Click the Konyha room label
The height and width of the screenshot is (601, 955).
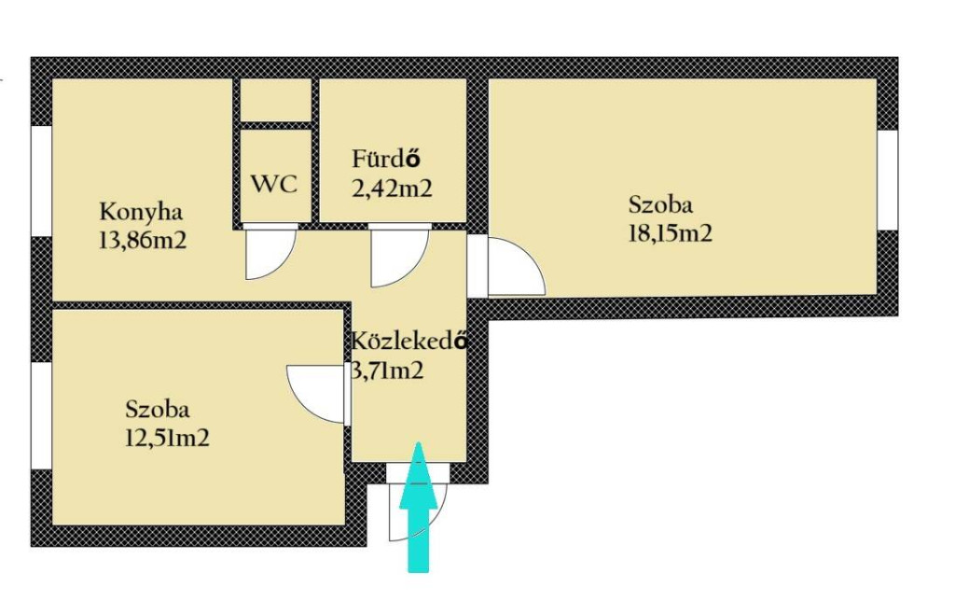click(x=141, y=214)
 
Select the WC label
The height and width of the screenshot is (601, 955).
click(x=275, y=184)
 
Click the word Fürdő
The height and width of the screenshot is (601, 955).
click(x=386, y=159)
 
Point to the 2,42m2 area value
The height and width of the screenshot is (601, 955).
click(x=393, y=189)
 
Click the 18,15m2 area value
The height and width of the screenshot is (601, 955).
click(x=670, y=233)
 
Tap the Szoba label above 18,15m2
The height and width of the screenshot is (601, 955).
click(x=660, y=204)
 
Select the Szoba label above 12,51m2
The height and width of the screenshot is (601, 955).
click(x=157, y=409)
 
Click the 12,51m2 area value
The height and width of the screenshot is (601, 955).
click(x=167, y=439)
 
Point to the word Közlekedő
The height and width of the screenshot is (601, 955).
click(x=409, y=341)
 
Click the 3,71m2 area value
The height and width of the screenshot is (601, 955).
click(x=387, y=370)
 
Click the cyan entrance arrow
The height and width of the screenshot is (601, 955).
click(x=419, y=507)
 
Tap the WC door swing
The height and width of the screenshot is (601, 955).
click(x=270, y=252)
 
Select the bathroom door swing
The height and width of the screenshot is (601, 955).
click(x=399, y=256)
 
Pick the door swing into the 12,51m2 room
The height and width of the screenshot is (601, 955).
click(x=315, y=394)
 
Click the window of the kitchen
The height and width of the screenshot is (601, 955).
click(x=41, y=181)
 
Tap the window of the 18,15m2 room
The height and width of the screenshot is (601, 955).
click(x=888, y=180)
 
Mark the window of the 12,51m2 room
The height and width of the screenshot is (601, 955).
click(x=41, y=415)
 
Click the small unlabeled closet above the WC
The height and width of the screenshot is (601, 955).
click(x=276, y=100)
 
